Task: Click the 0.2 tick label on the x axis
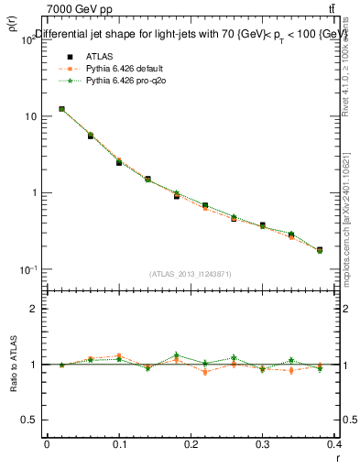[x=191, y=444]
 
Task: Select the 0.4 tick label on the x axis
[x=334, y=444]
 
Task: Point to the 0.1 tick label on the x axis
[x=118, y=444]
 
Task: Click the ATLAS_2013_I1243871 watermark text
[x=191, y=274]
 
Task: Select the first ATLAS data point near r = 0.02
[x=61, y=109]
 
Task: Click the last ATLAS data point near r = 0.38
[x=320, y=249]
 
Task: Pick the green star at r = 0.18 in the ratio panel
[x=177, y=354]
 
